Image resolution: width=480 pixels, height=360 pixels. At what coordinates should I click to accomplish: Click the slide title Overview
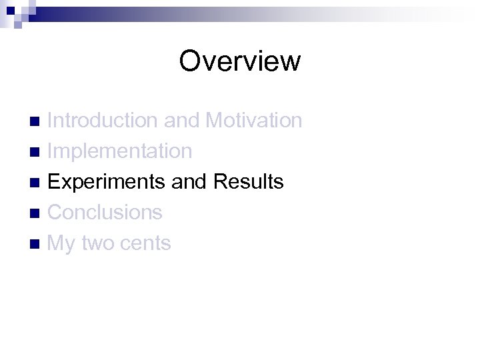(240, 61)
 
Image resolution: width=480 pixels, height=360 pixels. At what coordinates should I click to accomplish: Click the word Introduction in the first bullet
(103, 121)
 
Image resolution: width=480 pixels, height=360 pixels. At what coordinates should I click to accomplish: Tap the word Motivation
(254, 121)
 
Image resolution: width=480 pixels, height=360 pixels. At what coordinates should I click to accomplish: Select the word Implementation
(120, 151)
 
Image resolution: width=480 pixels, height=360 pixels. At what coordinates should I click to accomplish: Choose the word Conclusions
(105, 213)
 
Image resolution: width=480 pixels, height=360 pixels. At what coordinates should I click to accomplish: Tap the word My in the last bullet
(61, 244)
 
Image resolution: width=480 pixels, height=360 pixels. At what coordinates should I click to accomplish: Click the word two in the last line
(98, 244)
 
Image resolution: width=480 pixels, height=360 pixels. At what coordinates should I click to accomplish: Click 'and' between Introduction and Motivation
(181, 121)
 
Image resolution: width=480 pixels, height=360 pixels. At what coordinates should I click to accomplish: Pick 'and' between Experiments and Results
(189, 182)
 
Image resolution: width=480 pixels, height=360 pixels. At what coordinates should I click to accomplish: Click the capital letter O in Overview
(190, 61)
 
